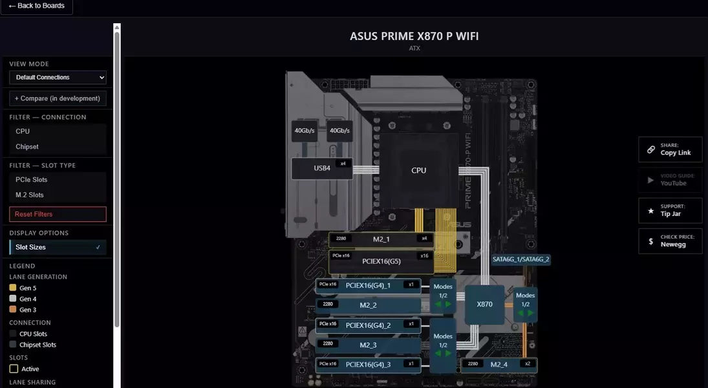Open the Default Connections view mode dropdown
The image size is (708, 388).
58,78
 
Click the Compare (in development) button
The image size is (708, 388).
58,98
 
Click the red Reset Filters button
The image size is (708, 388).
58,214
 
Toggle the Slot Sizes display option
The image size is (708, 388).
58,247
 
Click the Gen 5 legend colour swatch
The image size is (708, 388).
13,288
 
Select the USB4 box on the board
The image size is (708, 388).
322,168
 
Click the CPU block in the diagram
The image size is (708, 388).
418,170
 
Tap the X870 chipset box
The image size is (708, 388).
484,304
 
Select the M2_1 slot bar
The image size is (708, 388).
381,239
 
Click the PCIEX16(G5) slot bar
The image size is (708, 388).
381,261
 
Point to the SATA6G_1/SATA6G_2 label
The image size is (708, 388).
520,259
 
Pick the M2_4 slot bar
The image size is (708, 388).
499,364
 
